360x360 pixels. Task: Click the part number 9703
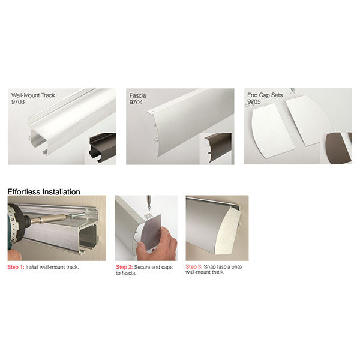pyautogui.click(x=18, y=102)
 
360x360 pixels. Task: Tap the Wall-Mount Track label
pyautogui.click(x=33, y=95)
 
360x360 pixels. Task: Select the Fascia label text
pyautogui.click(x=137, y=95)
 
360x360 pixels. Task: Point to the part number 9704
pyautogui.click(x=136, y=102)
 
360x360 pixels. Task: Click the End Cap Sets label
pyautogui.click(x=265, y=95)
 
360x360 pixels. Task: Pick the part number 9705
pyautogui.click(x=254, y=102)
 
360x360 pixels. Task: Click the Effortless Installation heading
pyautogui.click(x=44, y=192)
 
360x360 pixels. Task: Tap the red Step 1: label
pyautogui.click(x=16, y=267)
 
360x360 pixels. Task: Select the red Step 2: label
pyautogui.click(x=124, y=267)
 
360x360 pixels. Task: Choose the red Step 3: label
pyautogui.click(x=194, y=267)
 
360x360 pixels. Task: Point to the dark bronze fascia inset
pyautogui.click(x=218, y=148)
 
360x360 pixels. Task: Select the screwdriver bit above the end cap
pyautogui.click(x=149, y=203)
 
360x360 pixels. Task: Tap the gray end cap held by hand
pyautogui.click(x=151, y=232)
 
